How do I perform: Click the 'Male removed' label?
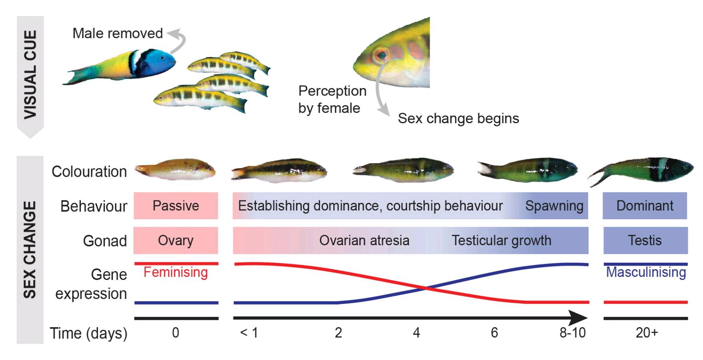117,33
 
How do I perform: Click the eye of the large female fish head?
381,54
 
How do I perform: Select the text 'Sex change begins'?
458,118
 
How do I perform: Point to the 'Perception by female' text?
332,100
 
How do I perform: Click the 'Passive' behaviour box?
176,206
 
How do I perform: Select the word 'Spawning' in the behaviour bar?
554,206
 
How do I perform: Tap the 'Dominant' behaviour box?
645,206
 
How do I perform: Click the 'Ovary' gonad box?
176,240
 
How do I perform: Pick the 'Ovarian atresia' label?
364,240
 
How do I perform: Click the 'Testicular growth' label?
501,240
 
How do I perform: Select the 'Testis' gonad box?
645,240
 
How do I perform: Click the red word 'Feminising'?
176,272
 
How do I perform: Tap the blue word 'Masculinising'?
646,272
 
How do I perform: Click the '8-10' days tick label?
572,332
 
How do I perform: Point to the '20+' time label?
647,332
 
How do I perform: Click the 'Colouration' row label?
89,172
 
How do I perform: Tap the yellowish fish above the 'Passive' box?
176,170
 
